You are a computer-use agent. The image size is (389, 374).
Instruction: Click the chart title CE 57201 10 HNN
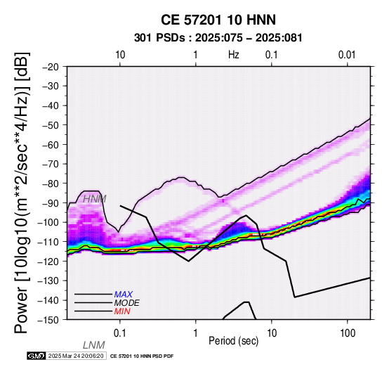pos(218,20)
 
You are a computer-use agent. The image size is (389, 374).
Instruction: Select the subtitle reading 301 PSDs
pos(159,38)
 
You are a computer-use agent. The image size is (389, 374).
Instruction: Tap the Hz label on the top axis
pos(233,55)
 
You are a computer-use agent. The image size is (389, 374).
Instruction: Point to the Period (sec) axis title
pos(233,341)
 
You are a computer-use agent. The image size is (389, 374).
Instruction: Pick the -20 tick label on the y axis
pos(51,67)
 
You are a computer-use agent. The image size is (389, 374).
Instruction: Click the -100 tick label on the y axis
pos(48,222)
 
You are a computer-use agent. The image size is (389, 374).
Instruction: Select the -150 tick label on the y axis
pos(48,320)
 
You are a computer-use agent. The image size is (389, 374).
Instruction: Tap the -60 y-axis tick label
pos(51,145)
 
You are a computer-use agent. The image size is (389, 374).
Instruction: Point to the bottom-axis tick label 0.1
pos(120,333)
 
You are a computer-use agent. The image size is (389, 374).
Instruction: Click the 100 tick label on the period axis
pos(348,333)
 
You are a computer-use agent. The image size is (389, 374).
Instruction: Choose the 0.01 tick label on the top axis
pos(347,55)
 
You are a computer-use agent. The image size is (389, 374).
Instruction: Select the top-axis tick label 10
pos(120,55)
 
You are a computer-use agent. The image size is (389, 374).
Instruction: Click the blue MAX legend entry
pos(124,295)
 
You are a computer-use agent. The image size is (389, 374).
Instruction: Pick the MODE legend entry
pos(126,303)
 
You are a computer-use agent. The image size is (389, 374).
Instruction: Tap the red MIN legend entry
pos(122,311)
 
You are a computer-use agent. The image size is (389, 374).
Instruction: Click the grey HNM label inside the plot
pos(95,199)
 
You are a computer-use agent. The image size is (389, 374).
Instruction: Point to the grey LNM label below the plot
pos(94,345)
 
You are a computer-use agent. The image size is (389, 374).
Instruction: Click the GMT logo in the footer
pos(37,356)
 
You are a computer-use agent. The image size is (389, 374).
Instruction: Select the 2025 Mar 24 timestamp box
pos(76,356)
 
